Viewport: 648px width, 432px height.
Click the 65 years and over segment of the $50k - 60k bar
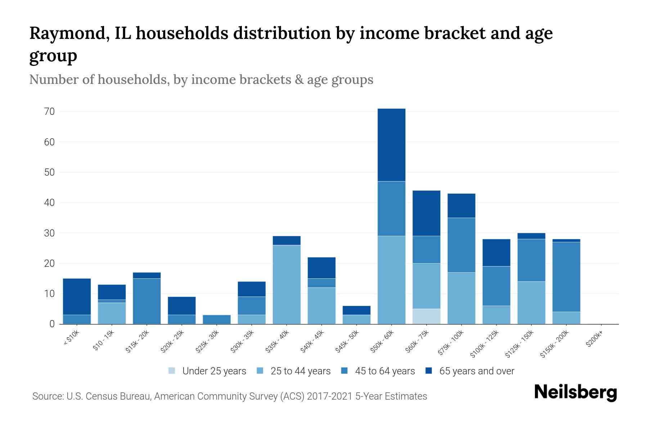pyautogui.click(x=391, y=145)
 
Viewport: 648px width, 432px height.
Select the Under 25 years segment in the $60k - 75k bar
pyautogui.click(x=426, y=316)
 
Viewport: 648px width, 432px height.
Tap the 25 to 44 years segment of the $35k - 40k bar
pyautogui.click(x=287, y=284)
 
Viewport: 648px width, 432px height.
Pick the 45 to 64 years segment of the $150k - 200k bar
pyautogui.click(x=566, y=276)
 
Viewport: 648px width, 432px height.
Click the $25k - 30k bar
pyautogui.click(x=217, y=319)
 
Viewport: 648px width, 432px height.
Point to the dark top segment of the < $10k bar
pyautogui.click(x=77, y=297)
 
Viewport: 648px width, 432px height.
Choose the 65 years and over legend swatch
pyautogui.click(x=428, y=371)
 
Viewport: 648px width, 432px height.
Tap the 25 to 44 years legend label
pyautogui.click(x=300, y=371)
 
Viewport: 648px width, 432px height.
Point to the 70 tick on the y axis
pyautogui.click(x=50, y=112)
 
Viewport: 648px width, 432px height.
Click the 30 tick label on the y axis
pyautogui.click(x=50, y=233)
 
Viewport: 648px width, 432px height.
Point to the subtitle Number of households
pyautogui.click(x=99, y=80)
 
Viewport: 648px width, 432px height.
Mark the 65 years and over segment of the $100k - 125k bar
pyautogui.click(x=496, y=252)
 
